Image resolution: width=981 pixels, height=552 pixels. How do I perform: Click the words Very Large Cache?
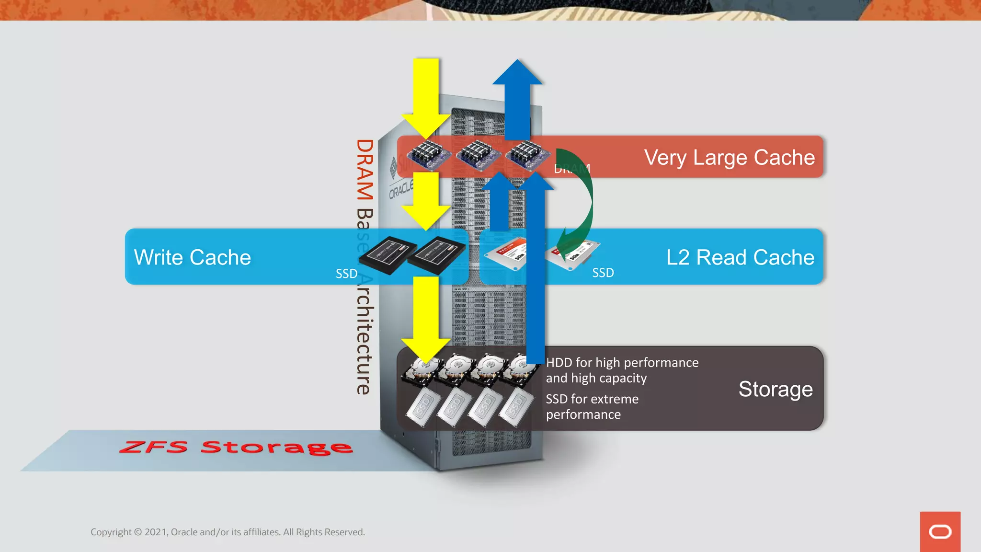pyautogui.click(x=729, y=158)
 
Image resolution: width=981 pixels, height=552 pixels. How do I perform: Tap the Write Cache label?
pyautogui.click(x=193, y=257)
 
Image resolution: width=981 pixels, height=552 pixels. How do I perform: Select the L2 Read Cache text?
pyautogui.click(x=740, y=257)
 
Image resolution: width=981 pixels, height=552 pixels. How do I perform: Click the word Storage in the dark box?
pyautogui.click(x=776, y=389)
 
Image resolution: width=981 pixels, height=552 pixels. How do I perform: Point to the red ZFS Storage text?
pyautogui.click(x=236, y=448)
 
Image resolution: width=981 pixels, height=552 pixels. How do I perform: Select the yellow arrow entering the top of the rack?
pyautogui.click(x=426, y=96)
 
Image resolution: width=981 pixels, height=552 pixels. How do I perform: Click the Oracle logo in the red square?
pyautogui.click(x=940, y=532)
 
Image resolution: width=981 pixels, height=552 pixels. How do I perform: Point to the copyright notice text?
pyautogui.click(x=228, y=532)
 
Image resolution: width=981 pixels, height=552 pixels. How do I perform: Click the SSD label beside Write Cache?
pyautogui.click(x=346, y=274)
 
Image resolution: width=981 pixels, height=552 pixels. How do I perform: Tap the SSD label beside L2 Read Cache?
pyautogui.click(x=603, y=273)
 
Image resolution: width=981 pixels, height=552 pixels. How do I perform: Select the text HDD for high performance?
pyautogui.click(x=622, y=363)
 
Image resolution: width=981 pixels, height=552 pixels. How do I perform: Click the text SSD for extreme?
pyautogui.click(x=592, y=399)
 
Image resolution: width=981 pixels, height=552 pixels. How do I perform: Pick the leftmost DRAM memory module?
pyautogui.click(x=428, y=155)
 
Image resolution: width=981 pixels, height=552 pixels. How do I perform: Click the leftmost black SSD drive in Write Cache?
pyautogui.click(x=387, y=255)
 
